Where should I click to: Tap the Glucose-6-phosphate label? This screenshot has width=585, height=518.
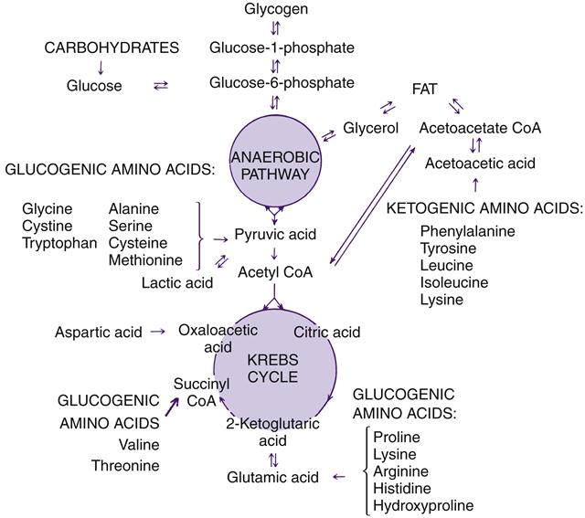pos(281,83)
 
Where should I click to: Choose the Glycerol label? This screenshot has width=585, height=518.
pos(371,128)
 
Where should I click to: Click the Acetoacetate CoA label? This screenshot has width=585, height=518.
pos(480,128)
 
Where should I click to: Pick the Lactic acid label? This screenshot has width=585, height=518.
pos(177,282)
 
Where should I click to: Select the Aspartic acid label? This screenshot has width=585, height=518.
pos(98,332)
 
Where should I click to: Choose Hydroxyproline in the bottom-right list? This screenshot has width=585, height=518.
pos(423,505)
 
